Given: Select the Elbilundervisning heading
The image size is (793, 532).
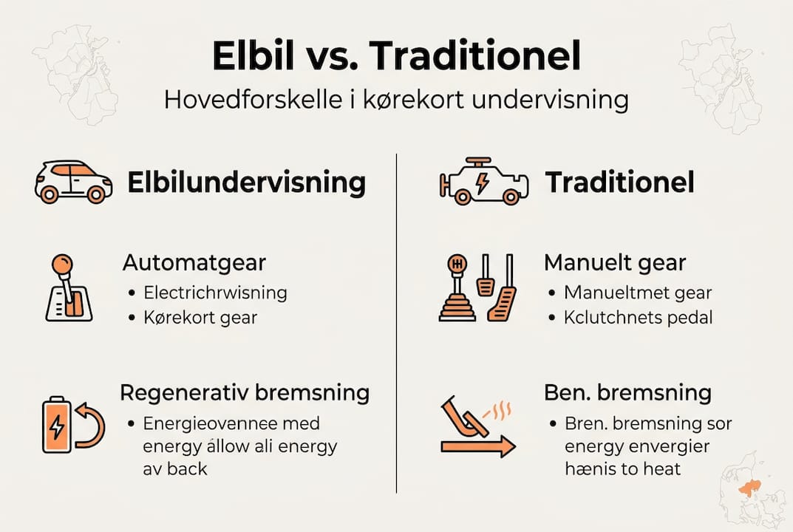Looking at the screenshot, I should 246,183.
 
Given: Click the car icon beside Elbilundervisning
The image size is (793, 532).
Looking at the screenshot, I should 74,182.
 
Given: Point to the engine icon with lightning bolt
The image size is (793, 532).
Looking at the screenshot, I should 484,181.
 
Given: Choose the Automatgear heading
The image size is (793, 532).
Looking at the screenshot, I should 194,262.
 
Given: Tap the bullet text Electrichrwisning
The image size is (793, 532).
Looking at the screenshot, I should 215,292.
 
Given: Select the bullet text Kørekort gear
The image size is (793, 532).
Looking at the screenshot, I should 200,318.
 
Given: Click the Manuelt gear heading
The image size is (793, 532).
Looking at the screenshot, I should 615,262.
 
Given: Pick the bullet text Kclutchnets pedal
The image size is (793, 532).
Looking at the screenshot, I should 639,318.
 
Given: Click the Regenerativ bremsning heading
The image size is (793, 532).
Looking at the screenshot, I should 245,392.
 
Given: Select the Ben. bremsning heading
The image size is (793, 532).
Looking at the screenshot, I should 627,392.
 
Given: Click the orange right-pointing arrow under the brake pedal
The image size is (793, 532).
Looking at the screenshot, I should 477,446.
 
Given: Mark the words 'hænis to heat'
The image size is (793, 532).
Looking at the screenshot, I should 622,468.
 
